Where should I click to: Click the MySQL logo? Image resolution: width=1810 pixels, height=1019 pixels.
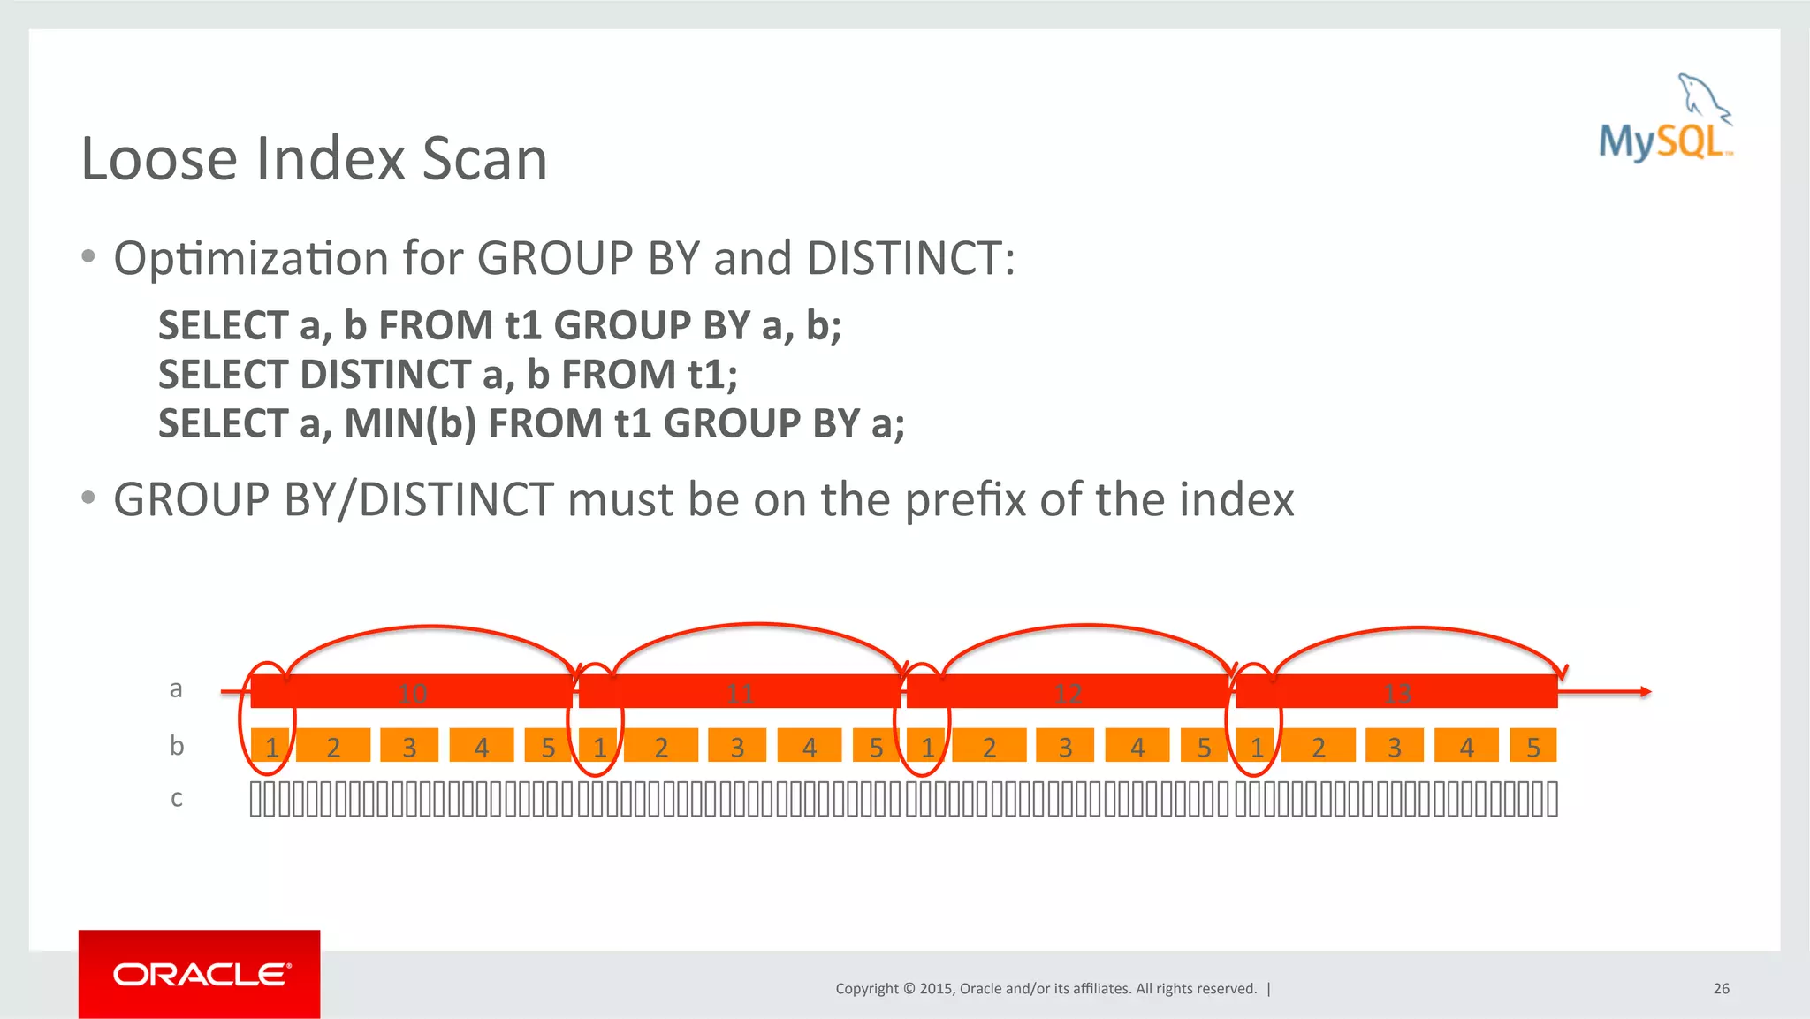click(1665, 120)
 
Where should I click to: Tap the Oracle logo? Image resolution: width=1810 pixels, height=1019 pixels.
click(200, 974)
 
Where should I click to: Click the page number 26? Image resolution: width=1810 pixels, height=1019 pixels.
click(1721, 988)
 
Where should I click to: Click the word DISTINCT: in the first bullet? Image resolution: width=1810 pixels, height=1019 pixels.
click(911, 258)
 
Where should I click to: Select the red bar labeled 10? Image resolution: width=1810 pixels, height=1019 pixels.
click(412, 692)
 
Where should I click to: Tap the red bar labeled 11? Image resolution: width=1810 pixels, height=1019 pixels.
click(740, 692)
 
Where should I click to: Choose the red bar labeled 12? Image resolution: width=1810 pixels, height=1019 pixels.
click(1068, 692)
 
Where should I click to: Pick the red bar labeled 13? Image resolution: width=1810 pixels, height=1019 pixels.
click(1396, 692)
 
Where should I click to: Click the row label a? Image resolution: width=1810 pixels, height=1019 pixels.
click(176, 688)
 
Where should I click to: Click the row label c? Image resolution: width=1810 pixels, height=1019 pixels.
click(177, 799)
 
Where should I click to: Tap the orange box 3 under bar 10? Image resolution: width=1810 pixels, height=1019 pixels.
click(409, 747)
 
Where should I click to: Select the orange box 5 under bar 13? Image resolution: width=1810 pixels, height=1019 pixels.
click(1533, 747)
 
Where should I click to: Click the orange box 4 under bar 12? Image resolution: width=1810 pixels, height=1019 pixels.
click(1137, 747)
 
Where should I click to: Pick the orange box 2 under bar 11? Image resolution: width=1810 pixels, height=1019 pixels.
click(661, 747)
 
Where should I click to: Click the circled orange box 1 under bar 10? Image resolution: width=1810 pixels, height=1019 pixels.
click(270, 747)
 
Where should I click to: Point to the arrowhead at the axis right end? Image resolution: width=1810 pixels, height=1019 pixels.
click(1646, 692)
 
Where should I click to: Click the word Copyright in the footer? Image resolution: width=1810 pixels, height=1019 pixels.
click(867, 988)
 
